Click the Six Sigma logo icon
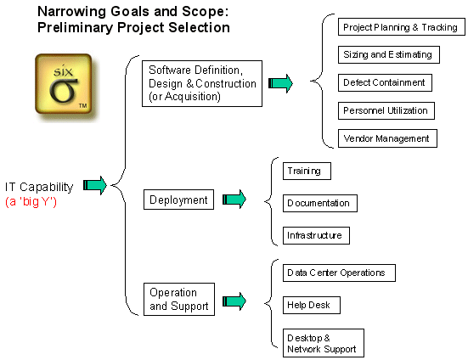(x=62, y=84)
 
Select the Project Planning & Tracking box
(x=399, y=27)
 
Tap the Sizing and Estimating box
(x=387, y=55)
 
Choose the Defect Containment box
(x=384, y=82)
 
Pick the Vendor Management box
(x=386, y=138)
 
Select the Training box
(x=305, y=172)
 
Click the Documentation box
(x=319, y=204)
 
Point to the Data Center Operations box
(x=337, y=273)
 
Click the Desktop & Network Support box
(x=323, y=343)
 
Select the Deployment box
(x=178, y=200)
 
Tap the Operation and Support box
(x=178, y=300)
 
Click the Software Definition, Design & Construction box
(x=202, y=83)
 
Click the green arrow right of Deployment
(x=234, y=200)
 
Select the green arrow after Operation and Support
(x=234, y=300)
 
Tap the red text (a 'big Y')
(x=31, y=202)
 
